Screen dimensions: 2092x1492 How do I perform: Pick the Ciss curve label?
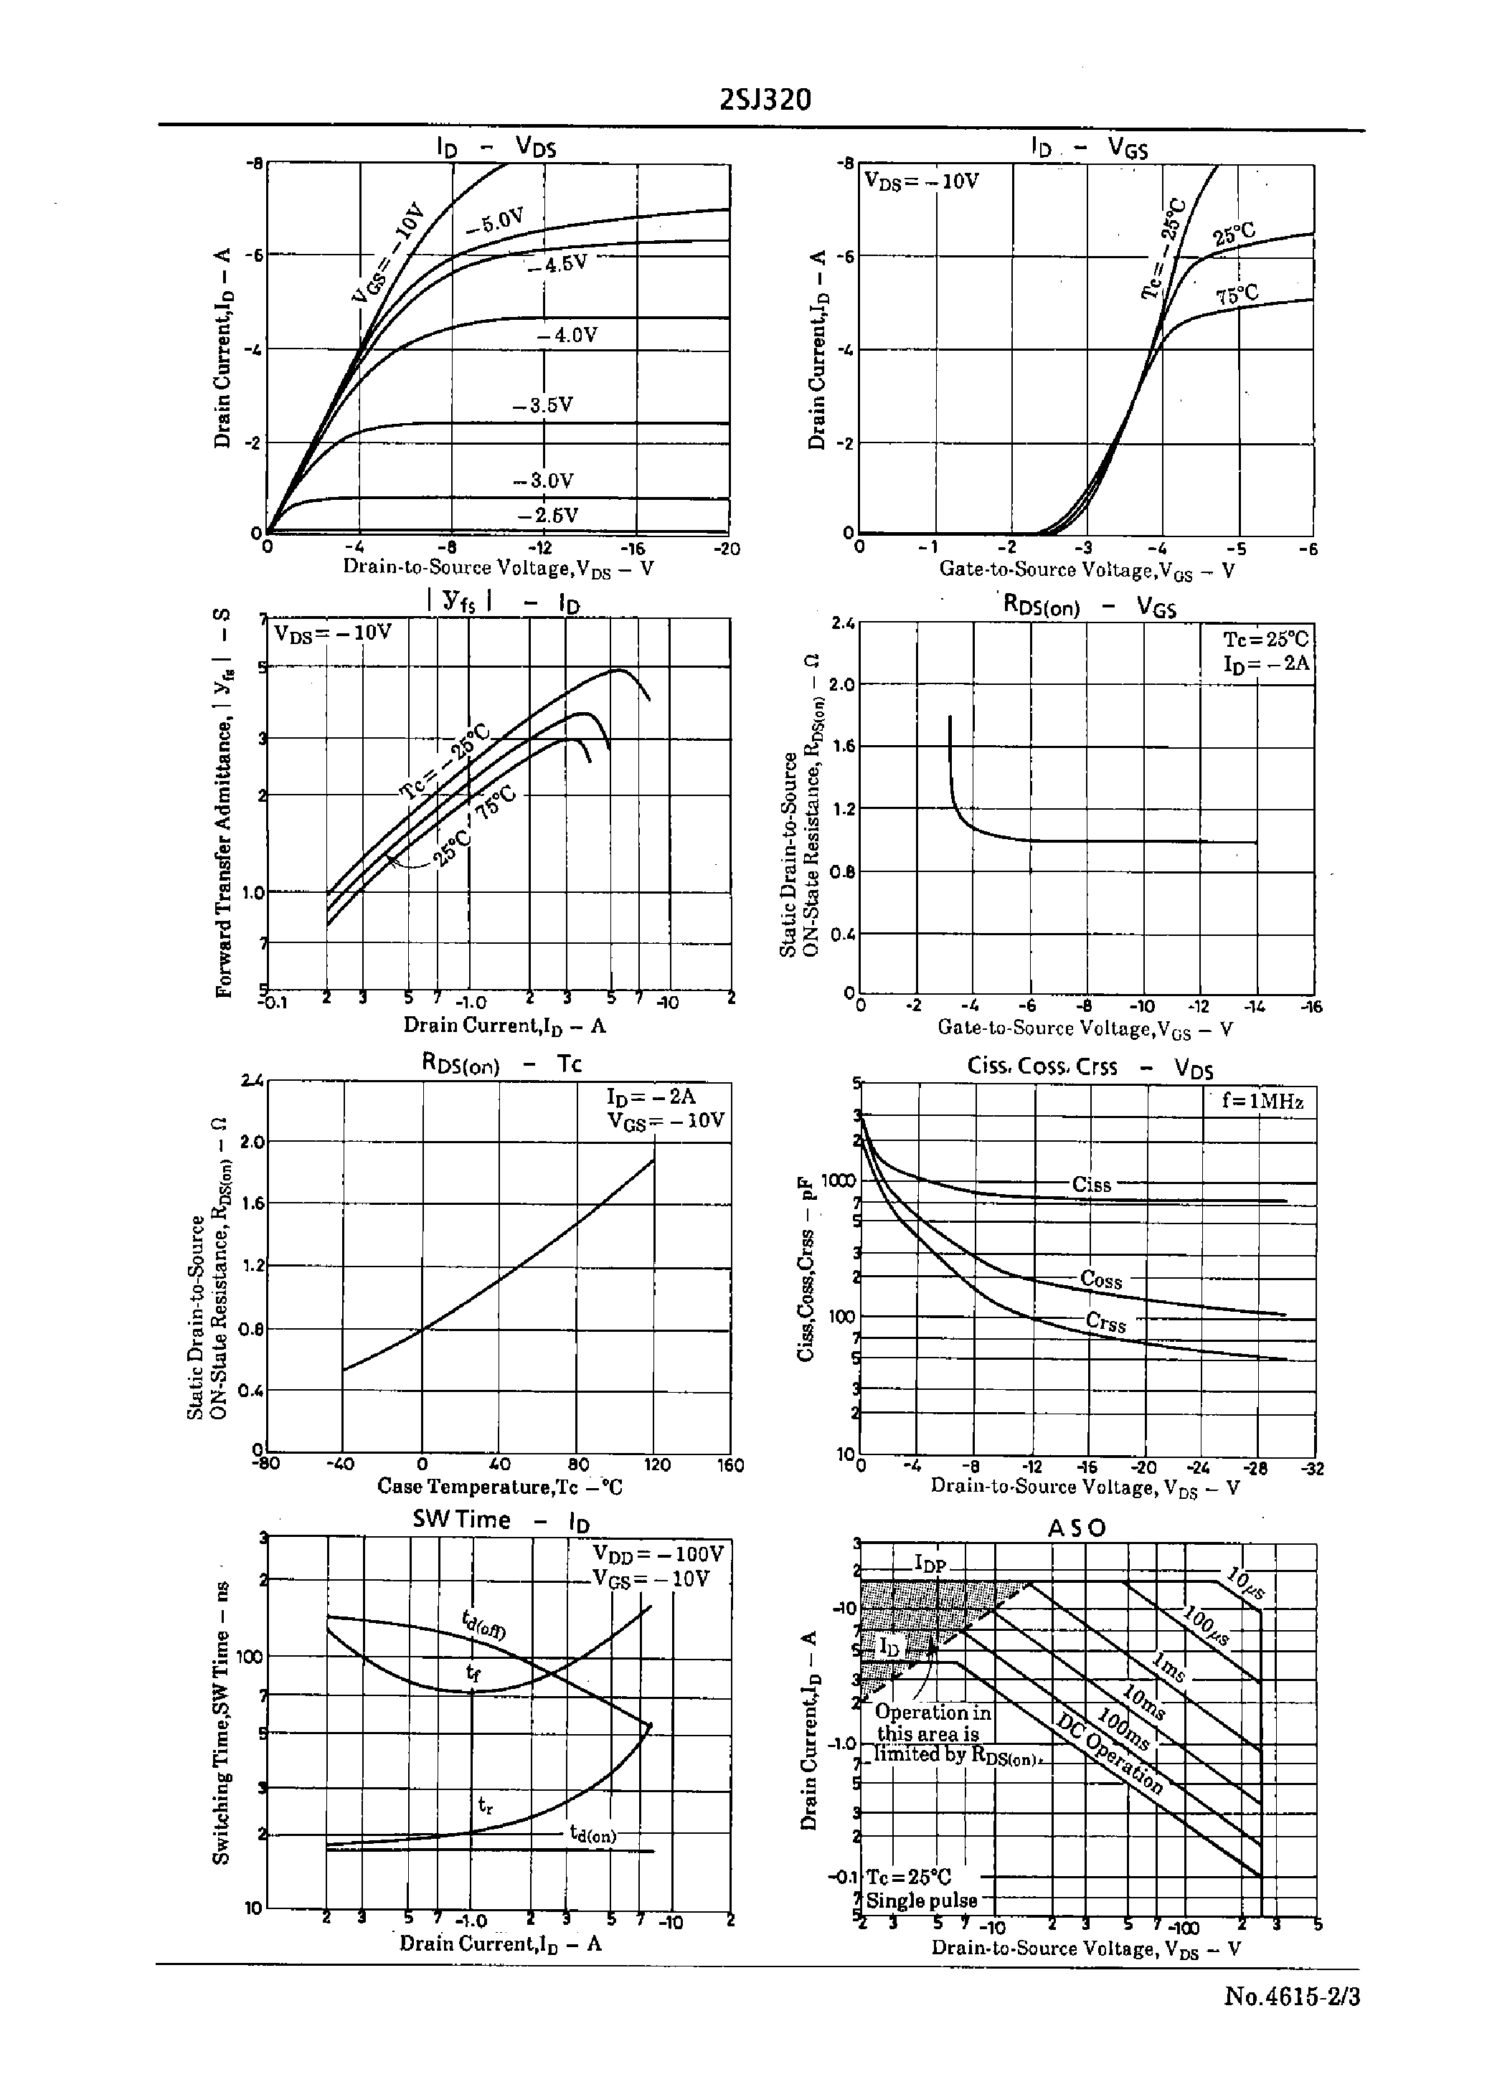(1092, 1185)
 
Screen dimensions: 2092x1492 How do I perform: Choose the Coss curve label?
(1100, 1279)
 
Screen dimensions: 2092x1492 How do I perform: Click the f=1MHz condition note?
(1262, 1101)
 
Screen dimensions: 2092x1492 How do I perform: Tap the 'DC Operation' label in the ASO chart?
(1110, 1754)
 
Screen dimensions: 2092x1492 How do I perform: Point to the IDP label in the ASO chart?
(930, 1565)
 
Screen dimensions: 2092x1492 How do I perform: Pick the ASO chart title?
(1077, 1528)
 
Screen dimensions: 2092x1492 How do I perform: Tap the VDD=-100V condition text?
(658, 1554)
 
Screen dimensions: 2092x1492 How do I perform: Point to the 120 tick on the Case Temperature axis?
(657, 1464)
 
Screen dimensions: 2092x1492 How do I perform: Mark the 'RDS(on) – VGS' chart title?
(1089, 606)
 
